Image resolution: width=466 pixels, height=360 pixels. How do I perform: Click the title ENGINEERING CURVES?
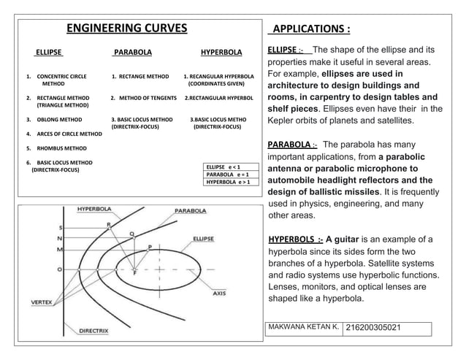127,29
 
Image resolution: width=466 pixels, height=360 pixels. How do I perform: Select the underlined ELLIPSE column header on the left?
49,53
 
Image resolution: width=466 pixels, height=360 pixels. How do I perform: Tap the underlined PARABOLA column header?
133,53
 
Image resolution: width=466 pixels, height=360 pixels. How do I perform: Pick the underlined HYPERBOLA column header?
221,53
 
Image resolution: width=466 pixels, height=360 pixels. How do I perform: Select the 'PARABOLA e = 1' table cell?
230,175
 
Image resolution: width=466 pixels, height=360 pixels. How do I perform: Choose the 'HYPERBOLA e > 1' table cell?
230,182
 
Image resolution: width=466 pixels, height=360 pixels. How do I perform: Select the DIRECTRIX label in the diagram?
94,330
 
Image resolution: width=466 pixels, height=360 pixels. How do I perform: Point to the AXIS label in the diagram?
219,293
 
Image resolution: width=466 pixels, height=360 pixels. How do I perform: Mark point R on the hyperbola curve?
109,225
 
